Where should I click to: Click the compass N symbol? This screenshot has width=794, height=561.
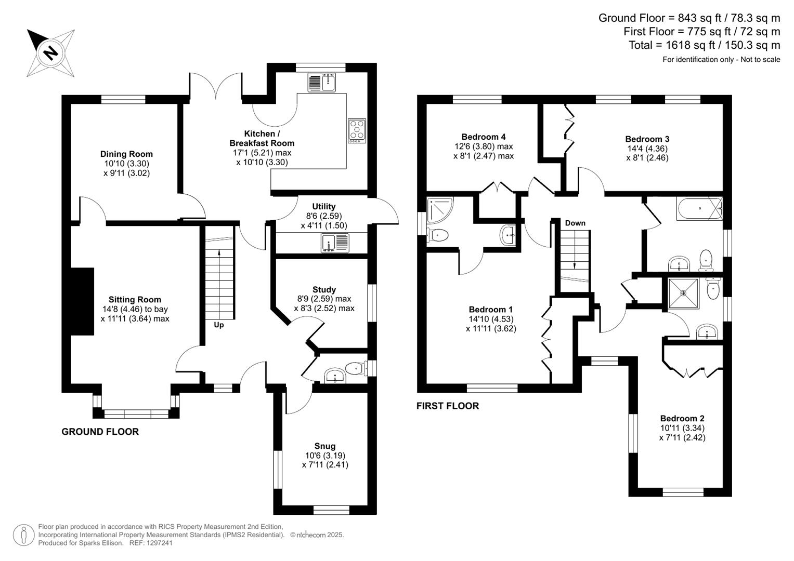point(50,52)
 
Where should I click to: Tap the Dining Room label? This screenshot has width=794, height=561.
point(126,154)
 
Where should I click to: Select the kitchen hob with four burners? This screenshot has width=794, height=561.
point(357,131)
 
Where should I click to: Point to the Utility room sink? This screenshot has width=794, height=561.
point(335,243)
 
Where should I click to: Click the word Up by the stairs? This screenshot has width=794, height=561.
point(219,325)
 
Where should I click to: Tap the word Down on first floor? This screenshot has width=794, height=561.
point(575,223)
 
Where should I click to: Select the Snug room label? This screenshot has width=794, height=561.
point(325,446)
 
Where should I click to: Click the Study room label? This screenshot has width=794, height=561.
point(324,289)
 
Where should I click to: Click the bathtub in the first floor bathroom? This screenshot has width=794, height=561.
point(699,209)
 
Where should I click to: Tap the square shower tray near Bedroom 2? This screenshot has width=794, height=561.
point(683,293)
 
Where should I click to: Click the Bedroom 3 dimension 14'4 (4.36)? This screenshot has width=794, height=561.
point(647,149)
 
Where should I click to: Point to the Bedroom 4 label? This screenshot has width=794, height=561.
point(484,137)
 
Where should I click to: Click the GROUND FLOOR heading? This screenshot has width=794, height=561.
point(100,432)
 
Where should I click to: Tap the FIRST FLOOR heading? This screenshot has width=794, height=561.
point(447,406)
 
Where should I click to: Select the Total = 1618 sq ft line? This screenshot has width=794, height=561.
point(704,45)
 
